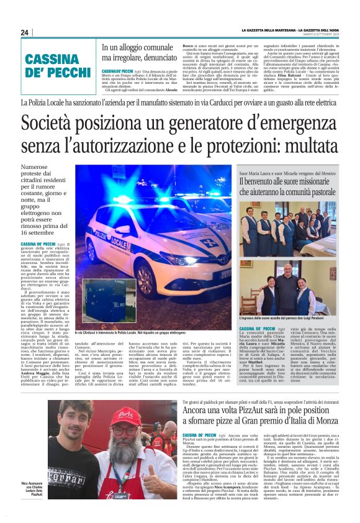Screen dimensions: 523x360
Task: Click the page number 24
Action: click(x=24, y=33)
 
